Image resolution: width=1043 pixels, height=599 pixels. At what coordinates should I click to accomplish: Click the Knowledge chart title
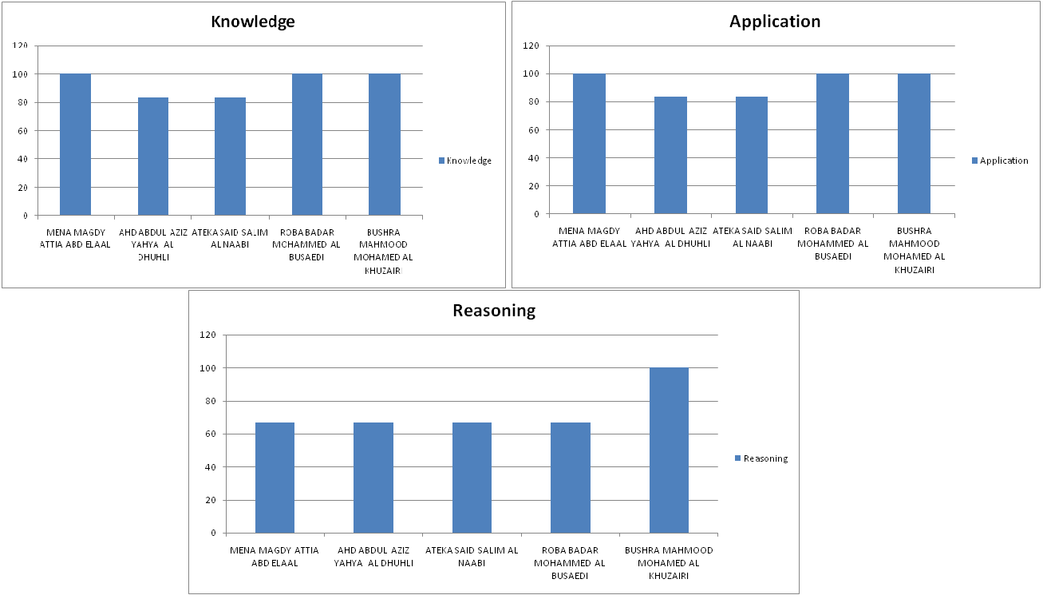[252, 22]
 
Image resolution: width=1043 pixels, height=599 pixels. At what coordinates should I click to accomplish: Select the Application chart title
[774, 22]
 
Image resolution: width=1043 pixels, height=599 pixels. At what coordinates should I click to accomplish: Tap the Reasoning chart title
[493, 311]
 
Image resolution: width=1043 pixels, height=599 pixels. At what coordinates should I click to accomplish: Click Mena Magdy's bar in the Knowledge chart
[75, 145]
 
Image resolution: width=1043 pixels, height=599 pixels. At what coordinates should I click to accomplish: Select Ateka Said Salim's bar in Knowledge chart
[230, 157]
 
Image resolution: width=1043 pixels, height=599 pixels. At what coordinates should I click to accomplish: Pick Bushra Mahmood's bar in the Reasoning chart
[669, 450]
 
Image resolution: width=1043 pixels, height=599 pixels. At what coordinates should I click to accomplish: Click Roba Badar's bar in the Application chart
[832, 144]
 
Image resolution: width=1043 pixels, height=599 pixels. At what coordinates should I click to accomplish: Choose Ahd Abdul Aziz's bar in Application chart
[670, 155]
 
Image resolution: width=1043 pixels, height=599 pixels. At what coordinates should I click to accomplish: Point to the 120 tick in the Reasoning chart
[209, 335]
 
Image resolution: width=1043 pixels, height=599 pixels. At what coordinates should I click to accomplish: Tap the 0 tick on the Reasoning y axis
[213, 533]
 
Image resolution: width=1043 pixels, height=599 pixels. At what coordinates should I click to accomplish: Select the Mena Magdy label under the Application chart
[590, 236]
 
